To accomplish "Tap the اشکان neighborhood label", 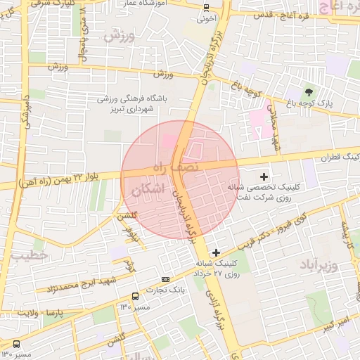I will coord(148,189).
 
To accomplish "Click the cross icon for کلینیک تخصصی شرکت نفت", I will coord(264,176).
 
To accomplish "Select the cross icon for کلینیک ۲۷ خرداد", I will coord(215,252).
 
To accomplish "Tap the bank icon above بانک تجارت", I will coord(166,278).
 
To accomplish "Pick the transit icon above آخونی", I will coord(205,8).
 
